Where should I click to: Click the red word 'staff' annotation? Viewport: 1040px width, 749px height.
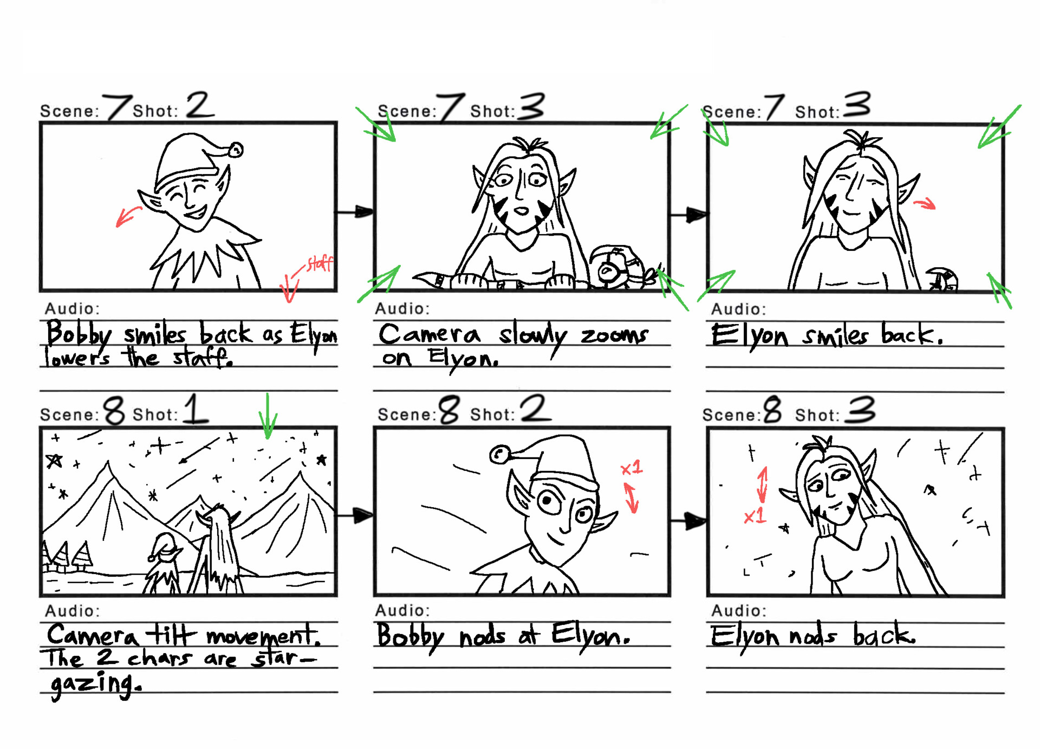(320, 264)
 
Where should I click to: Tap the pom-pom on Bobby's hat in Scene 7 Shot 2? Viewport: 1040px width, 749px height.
(236, 150)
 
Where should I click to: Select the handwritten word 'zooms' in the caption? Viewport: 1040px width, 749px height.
(614, 335)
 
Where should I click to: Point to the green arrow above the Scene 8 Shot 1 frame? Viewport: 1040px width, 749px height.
(268, 417)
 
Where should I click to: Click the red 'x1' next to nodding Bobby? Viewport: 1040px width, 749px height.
(632, 468)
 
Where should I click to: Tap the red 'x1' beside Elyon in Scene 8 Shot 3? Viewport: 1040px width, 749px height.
(755, 516)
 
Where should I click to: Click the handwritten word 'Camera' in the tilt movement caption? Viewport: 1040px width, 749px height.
(92, 635)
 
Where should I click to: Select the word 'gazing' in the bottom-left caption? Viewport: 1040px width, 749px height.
(95, 684)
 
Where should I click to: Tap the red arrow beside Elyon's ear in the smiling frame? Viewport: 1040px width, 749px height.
(925, 204)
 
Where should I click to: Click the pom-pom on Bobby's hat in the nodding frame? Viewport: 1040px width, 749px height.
(499, 454)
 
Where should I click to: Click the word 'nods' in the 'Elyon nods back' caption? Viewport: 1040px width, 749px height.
(812, 636)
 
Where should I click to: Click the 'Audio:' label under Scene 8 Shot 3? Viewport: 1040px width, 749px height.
(739, 611)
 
